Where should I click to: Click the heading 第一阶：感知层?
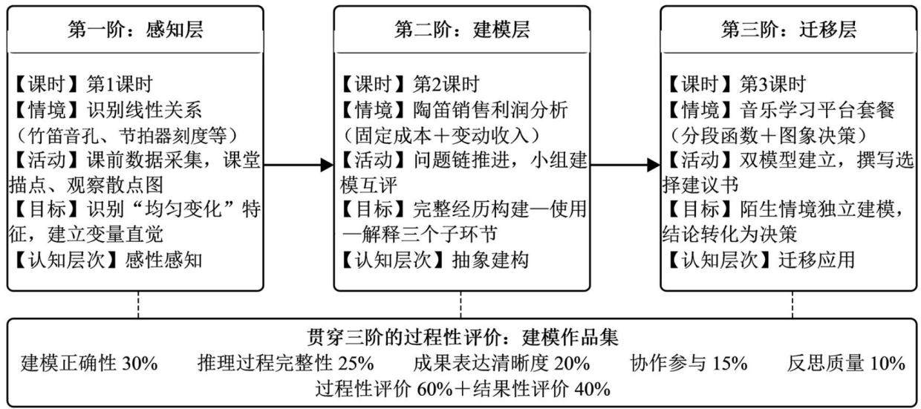[135, 30]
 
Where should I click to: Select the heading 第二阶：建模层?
[462, 30]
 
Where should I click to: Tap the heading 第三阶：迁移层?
[789, 30]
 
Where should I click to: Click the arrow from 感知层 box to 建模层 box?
[299, 166]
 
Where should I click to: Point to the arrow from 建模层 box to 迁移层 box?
[625, 166]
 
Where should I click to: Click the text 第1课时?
[120, 85]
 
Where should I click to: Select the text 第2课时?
[446, 85]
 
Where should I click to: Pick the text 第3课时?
[773, 85]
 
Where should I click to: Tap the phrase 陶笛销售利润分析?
[490, 110]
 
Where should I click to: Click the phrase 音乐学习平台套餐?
[817, 110]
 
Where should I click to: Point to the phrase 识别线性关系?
[144, 110]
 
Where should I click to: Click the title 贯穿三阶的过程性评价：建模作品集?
[463, 338]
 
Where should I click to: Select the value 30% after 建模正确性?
[140, 364]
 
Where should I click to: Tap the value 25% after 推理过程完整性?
[356, 364]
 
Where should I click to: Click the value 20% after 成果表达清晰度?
[573, 364]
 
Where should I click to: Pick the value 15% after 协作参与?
[730, 364]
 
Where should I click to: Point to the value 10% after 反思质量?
[888, 364]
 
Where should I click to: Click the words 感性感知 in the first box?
[163, 261]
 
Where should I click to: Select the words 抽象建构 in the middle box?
[490, 261]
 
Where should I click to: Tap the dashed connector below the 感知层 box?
[138, 304]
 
